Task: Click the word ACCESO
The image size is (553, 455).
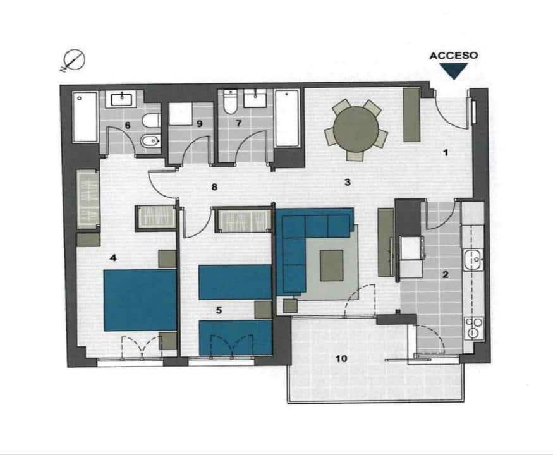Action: click(x=453, y=56)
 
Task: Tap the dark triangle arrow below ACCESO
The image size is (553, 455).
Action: click(x=453, y=71)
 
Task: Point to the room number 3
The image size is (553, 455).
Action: click(x=347, y=183)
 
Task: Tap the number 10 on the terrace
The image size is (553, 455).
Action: click(x=341, y=359)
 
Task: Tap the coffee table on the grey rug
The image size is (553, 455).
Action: click(x=332, y=265)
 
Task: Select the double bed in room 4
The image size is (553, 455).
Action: click(x=140, y=300)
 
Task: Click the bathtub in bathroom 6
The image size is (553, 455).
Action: click(x=85, y=117)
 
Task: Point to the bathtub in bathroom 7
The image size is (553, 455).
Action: click(x=288, y=118)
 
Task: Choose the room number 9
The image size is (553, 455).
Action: click(x=199, y=124)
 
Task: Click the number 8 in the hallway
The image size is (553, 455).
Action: click(x=214, y=187)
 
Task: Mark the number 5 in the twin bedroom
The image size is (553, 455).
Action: click(x=219, y=310)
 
